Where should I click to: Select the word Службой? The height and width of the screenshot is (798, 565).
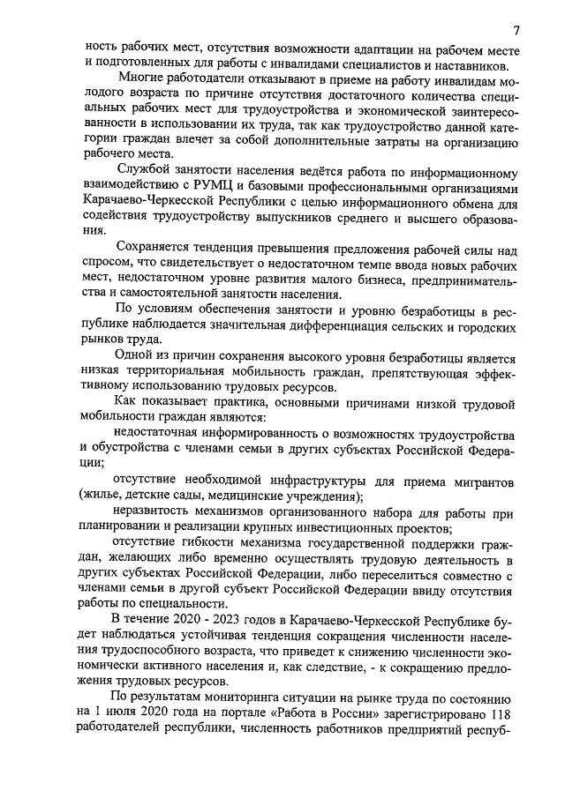(x=142, y=174)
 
